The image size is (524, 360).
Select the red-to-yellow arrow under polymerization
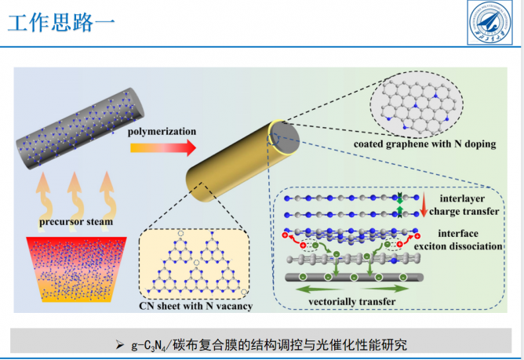pyautogui.click(x=162, y=147)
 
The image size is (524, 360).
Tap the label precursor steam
pyautogui.click(x=76, y=221)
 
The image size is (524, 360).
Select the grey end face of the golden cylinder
pyautogui.click(x=284, y=136)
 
